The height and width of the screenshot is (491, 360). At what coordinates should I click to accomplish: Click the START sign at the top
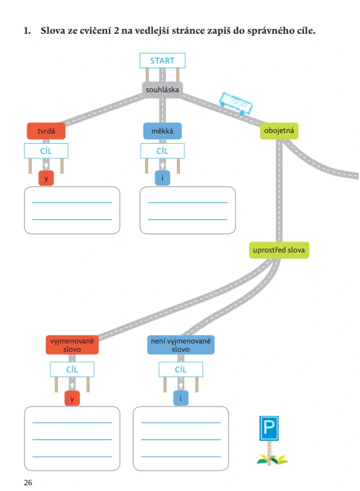[162, 60]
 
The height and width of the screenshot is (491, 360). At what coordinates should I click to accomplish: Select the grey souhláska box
[162, 90]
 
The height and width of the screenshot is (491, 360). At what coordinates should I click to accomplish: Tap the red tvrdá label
[46, 131]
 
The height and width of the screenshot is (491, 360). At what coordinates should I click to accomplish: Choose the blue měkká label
[162, 131]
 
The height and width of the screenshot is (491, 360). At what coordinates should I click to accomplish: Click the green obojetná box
[279, 130]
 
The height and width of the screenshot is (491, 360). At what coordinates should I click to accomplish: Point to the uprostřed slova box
[279, 250]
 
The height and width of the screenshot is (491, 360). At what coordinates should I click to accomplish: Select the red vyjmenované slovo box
[72, 345]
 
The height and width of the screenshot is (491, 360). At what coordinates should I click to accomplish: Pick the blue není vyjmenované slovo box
[181, 345]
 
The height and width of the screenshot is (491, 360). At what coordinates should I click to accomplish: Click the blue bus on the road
[236, 103]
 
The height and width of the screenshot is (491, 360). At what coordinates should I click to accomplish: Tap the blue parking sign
[269, 428]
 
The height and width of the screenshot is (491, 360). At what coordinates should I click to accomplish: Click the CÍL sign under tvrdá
[46, 151]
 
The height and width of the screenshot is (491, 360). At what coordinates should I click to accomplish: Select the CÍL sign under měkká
[162, 151]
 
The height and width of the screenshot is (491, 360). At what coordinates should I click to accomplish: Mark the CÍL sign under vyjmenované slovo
[72, 370]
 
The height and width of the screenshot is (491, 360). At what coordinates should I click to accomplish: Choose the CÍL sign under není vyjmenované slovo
[181, 370]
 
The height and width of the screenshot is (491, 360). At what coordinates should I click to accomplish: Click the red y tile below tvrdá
[46, 178]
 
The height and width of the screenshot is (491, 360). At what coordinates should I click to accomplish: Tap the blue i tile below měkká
[162, 178]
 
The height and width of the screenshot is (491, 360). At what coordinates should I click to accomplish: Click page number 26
[28, 483]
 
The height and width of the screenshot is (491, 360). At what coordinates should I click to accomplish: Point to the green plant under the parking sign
[272, 459]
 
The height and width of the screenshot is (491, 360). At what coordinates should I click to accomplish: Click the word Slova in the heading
[53, 31]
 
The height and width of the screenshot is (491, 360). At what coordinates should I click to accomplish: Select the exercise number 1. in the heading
[27, 31]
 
